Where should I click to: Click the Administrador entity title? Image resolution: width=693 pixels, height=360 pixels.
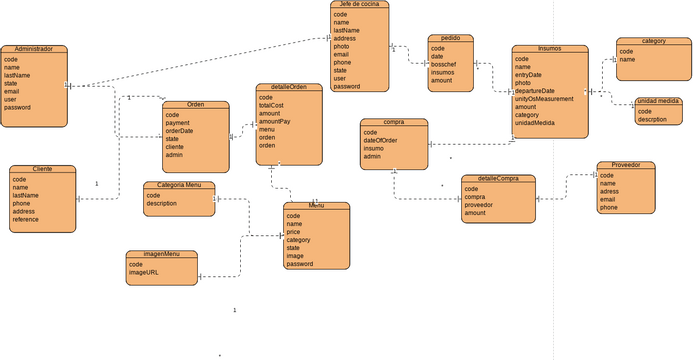[34, 49]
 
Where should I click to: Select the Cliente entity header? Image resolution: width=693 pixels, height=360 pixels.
[42, 169]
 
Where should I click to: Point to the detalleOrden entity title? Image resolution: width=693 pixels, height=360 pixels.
[289, 88]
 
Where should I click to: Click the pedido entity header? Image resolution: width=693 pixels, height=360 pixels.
[450, 38]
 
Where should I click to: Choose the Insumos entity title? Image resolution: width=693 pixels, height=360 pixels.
[549, 48]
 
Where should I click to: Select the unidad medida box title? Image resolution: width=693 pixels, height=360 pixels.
[658, 102]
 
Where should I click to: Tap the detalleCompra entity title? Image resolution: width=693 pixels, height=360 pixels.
[498, 179]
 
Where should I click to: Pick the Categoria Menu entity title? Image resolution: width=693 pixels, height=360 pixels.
[179, 185]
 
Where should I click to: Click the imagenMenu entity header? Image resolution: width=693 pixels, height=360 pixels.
[161, 254]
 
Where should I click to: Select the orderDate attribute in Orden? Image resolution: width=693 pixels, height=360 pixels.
[180, 131]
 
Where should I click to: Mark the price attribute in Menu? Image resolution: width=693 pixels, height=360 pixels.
[294, 232]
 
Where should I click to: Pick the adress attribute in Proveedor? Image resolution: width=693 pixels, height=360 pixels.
[609, 191]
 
